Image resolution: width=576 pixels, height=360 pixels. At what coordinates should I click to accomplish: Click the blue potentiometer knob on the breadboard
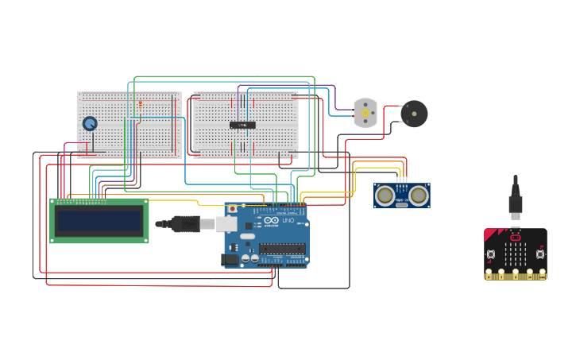click(x=90, y=124)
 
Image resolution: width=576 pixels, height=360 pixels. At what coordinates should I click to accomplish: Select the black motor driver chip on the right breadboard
click(x=243, y=125)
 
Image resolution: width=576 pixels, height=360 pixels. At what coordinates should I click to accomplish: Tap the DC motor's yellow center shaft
click(x=365, y=113)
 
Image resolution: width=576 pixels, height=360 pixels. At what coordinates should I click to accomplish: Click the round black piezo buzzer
click(x=414, y=114)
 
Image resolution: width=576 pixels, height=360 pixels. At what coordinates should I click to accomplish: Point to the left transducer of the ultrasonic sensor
click(x=385, y=195)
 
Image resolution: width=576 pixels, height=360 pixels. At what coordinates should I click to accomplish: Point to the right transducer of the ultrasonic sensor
click(x=418, y=195)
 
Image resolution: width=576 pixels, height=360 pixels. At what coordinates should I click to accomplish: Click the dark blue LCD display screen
click(x=99, y=220)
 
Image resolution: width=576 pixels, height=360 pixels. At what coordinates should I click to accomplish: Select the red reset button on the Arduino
click(x=232, y=209)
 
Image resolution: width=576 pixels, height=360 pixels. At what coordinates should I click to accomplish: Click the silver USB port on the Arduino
click(x=227, y=224)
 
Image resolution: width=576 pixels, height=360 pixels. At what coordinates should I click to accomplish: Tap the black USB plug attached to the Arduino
click(x=184, y=224)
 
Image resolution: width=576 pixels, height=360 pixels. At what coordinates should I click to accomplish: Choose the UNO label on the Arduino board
click(x=287, y=220)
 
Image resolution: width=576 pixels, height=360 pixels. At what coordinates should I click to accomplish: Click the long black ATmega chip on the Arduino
click(x=282, y=248)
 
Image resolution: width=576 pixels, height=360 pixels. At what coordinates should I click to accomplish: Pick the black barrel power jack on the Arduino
click(x=230, y=258)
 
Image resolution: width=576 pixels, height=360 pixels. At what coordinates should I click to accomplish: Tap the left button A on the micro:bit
click(x=491, y=255)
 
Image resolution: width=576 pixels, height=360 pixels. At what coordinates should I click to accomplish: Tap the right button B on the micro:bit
click(x=540, y=255)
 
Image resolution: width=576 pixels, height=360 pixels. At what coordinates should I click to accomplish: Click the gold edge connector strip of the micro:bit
click(x=516, y=275)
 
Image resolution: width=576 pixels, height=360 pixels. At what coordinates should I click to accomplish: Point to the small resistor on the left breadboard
click(x=140, y=103)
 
